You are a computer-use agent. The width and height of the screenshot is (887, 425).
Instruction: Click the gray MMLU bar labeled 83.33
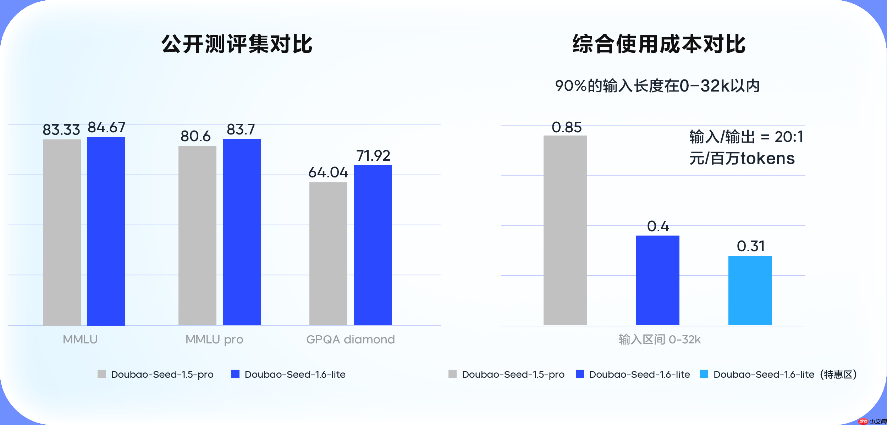[62, 232]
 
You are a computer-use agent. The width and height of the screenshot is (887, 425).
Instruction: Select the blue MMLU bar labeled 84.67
[106, 231]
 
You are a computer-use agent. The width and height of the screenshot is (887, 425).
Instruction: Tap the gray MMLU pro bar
[197, 236]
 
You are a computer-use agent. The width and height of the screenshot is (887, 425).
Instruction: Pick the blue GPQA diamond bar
[373, 245]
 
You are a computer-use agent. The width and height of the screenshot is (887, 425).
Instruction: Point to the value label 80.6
[195, 136]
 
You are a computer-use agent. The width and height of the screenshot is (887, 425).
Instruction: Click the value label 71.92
[373, 156]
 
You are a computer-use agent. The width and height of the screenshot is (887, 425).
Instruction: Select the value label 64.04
[328, 172]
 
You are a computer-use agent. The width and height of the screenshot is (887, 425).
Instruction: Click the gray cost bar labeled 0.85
[565, 230]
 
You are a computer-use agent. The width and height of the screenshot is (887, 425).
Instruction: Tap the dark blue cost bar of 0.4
[657, 280]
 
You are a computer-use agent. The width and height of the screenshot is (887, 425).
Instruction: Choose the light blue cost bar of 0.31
[750, 291]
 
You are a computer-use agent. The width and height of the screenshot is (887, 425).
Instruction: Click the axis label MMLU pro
[214, 340]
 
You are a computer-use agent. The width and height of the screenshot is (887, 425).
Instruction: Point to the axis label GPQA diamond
[350, 340]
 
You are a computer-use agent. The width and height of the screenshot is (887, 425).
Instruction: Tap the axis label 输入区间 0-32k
[660, 340]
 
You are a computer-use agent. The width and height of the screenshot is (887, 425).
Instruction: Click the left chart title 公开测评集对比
[237, 44]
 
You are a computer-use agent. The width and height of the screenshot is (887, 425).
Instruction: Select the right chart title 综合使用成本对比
[659, 44]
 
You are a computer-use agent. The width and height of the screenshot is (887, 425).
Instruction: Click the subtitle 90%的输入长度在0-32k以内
[657, 86]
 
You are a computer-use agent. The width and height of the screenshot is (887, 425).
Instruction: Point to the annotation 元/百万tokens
[742, 158]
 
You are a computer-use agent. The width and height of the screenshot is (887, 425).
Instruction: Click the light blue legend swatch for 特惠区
[704, 374]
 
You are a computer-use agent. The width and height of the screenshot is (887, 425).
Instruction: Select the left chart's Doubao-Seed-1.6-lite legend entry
[288, 374]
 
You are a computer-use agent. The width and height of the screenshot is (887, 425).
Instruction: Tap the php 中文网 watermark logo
[872, 421]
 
